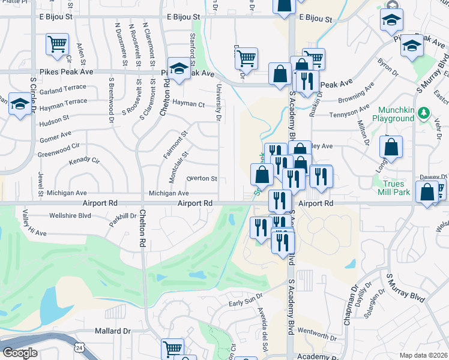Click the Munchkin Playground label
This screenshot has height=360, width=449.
coord(396,115)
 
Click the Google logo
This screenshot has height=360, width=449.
coord(20,353)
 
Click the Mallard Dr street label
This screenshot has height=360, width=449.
coord(112,331)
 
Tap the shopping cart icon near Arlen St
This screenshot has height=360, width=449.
coord(57,43)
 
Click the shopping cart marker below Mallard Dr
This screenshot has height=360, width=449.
coord(173,347)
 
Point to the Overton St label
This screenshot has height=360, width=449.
coord(202,178)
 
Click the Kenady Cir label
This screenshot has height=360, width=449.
coord(83,161)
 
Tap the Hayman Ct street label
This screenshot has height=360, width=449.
coord(188,103)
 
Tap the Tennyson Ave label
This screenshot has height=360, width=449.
coord(349,112)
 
